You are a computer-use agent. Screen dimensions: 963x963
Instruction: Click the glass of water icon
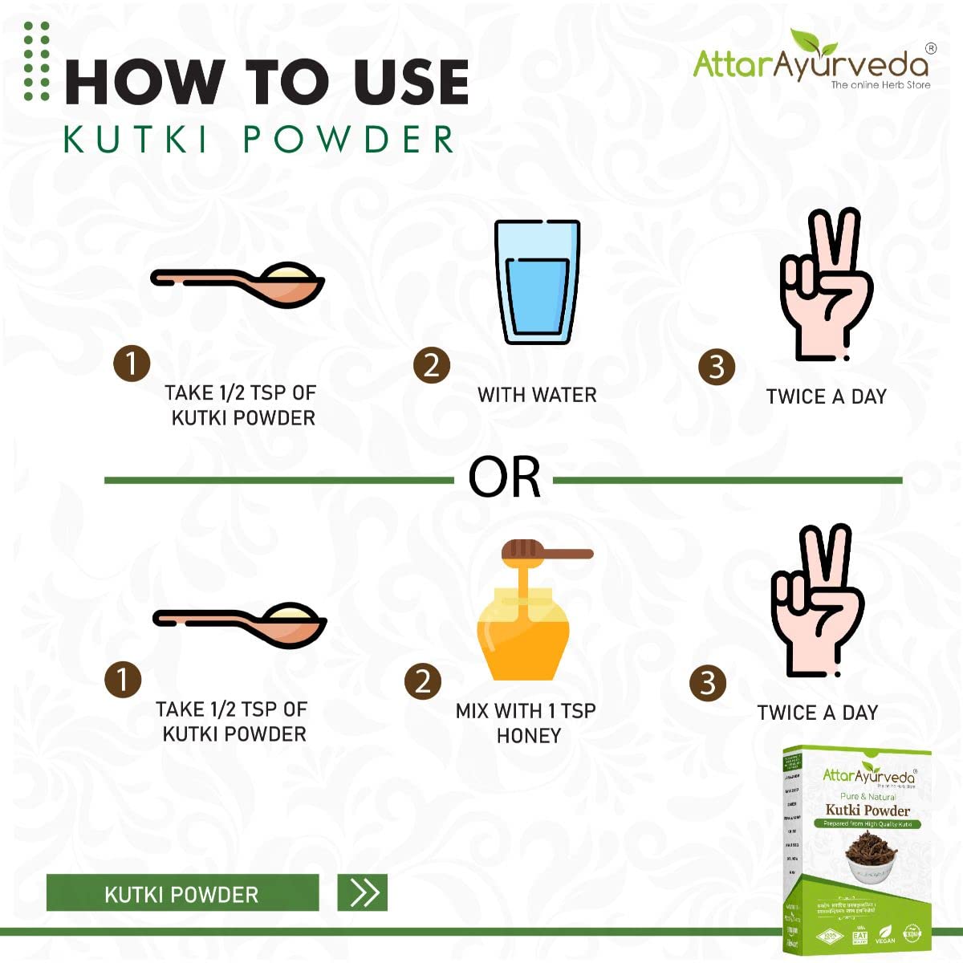pos(537,282)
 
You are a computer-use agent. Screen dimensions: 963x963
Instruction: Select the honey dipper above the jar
pos(546,552)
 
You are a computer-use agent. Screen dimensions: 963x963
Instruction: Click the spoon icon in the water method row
pos(238,285)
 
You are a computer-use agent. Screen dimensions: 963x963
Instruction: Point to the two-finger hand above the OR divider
pos(826,285)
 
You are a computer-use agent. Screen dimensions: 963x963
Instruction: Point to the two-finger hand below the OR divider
pos(817,601)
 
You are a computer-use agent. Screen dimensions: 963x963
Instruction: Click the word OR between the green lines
pos(504,479)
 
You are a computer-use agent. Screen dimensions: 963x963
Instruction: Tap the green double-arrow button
pos(363,892)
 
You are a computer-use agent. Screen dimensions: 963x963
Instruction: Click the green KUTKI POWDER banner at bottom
pos(182,893)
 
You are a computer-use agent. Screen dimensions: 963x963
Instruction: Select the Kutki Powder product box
pos(856,851)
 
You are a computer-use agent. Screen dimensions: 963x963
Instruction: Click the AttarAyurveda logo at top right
pos(811,63)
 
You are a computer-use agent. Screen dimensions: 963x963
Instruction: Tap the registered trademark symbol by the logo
pos(930,48)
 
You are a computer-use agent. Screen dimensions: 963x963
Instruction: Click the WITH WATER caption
pos(537,395)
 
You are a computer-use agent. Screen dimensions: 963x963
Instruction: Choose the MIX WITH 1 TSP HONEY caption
pos(526,723)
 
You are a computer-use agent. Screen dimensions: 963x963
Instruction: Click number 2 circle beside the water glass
pos(432,366)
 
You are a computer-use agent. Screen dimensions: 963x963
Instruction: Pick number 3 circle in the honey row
pos(707,683)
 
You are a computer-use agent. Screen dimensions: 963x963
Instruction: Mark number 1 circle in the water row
pos(132,364)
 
